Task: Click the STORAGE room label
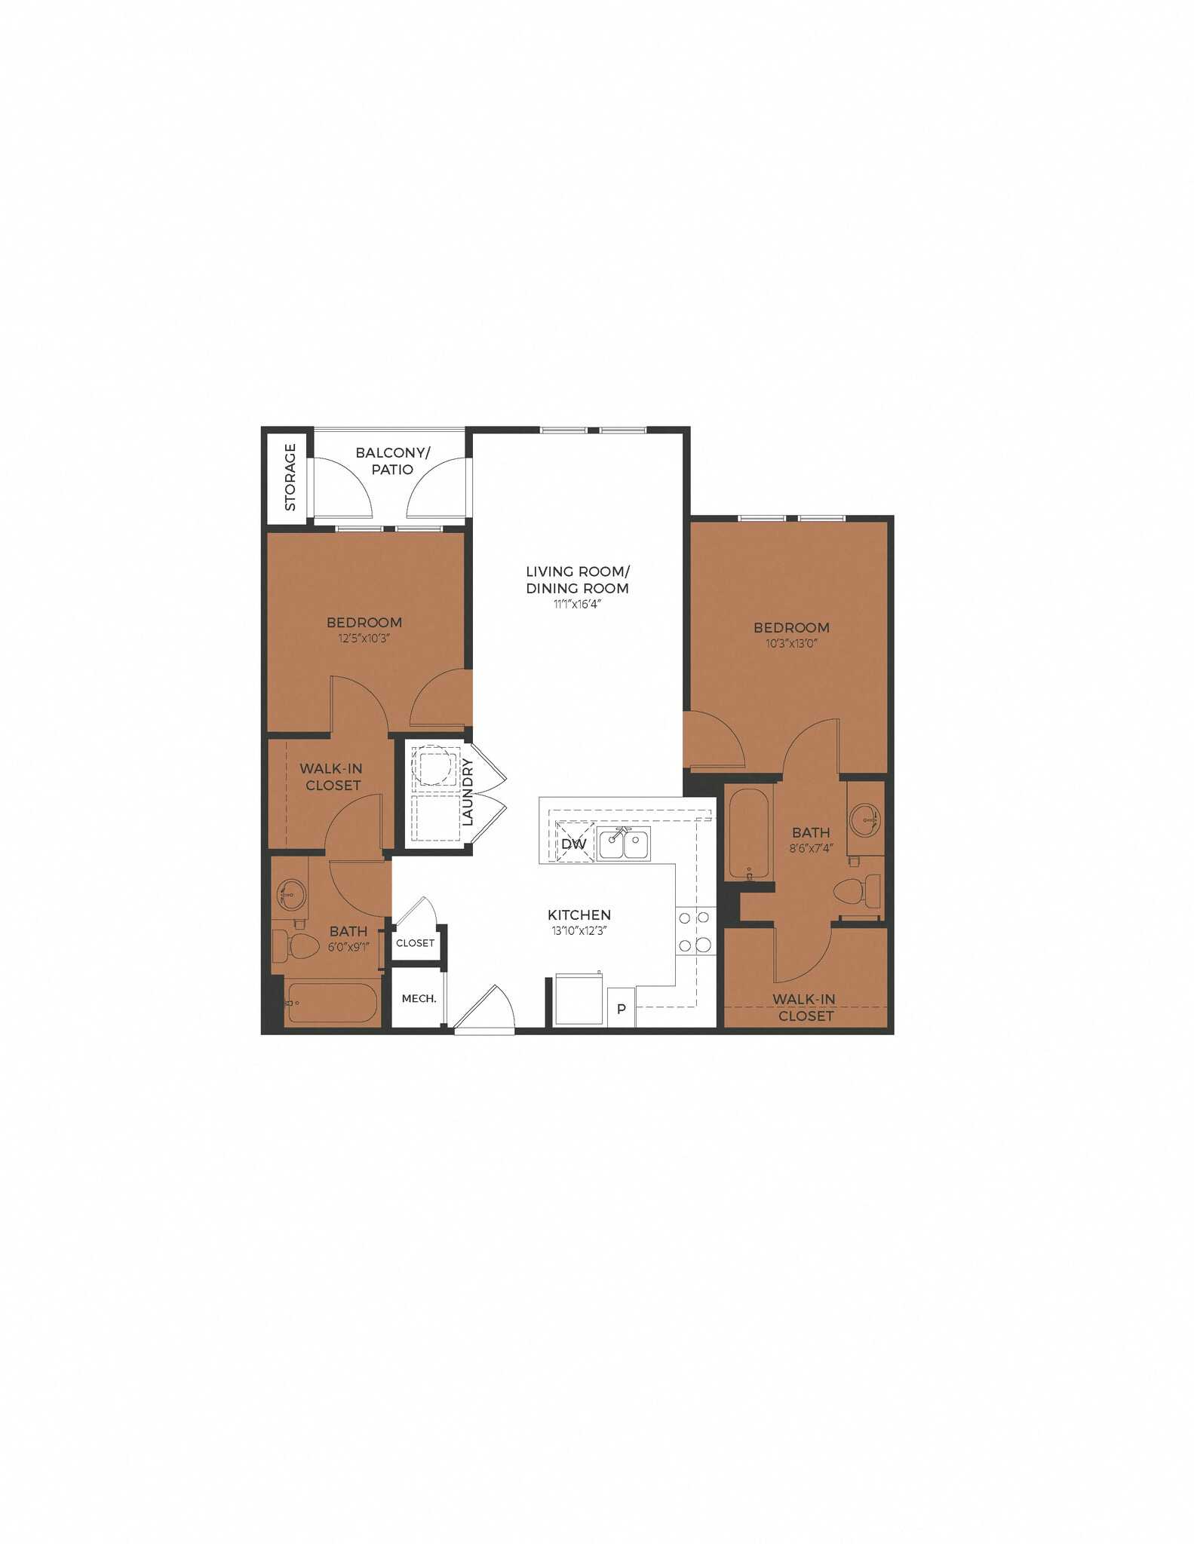[290, 477]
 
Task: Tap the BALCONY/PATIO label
[392, 461]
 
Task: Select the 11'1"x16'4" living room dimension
[577, 604]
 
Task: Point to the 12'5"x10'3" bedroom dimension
[364, 638]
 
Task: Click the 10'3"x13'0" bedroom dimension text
[791, 643]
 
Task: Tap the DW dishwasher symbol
[574, 843]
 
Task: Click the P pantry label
[622, 1009]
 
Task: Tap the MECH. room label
[419, 998]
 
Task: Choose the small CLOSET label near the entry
[415, 942]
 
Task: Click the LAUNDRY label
[468, 792]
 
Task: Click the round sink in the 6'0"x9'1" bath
[290, 894]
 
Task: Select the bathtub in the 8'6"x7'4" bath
[749, 832]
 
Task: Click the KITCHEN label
[579, 914]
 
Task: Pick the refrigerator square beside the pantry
[579, 1000]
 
